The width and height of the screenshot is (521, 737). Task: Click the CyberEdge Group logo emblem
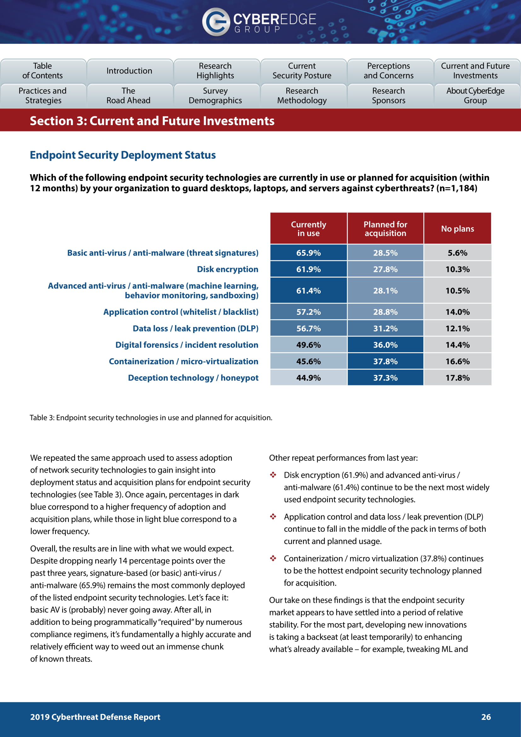215,22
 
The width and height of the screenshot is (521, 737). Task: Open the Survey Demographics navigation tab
215,96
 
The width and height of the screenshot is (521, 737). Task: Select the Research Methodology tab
302,96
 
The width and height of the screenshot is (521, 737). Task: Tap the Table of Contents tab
43,71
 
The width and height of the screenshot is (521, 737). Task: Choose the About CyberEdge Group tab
475,96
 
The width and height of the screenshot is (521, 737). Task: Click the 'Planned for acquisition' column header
385,228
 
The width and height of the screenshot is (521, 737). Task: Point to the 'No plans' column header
457,228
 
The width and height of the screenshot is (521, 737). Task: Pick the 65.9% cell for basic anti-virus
308,253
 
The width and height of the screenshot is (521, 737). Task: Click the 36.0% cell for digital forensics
385,345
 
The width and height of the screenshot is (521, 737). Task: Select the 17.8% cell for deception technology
457,378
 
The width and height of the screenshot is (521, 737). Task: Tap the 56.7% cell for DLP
308,328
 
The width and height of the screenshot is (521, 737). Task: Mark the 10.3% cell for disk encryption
457,269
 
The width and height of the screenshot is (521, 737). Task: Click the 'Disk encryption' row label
227,269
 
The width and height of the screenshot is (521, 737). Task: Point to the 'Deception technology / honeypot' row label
193,378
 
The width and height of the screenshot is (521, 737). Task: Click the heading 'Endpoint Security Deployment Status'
123,155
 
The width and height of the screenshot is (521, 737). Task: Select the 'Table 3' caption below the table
151,417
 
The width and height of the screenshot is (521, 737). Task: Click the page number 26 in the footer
486,717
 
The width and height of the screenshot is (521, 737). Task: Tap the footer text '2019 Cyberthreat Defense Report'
95,717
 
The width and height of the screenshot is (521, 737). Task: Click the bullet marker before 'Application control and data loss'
273,516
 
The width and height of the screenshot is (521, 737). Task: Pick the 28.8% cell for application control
385,312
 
